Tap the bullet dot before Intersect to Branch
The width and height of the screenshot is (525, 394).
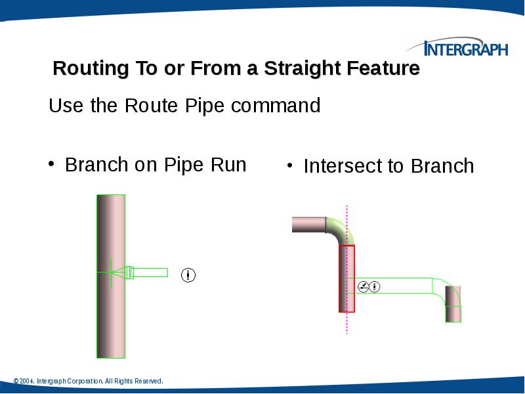point(289,165)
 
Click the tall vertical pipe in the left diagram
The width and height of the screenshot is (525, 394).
point(110,315)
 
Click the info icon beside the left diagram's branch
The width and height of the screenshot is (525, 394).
point(188,274)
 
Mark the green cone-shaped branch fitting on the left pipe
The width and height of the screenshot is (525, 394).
point(118,272)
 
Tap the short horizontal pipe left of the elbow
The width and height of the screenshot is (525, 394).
point(308,225)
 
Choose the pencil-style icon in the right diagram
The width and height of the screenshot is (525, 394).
point(362,286)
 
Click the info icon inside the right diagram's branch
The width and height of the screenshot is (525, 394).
point(375,286)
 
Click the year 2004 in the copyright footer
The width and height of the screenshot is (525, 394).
point(26,381)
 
